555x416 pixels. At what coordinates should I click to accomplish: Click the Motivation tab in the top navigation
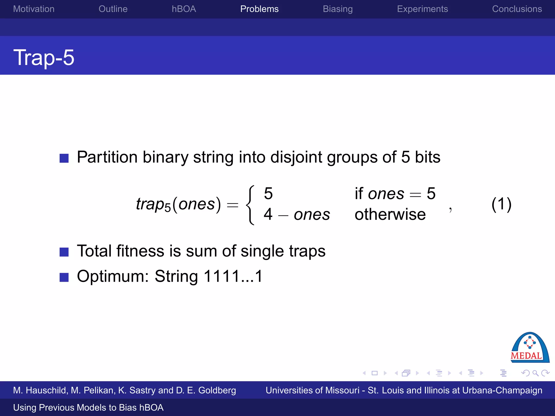pyautogui.click(x=34, y=9)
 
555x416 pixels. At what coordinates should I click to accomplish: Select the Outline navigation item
pyautogui.click(x=113, y=9)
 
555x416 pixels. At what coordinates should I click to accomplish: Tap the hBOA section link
pyautogui.click(x=184, y=9)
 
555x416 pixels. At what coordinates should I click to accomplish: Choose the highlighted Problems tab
pyautogui.click(x=259, y=9)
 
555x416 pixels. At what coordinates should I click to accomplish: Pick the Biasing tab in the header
pyautogui.click(x=338, y=9)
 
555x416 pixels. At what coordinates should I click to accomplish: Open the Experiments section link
pyautogui.click(x=422, y=9)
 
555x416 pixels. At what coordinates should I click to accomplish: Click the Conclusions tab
pyautogui.click(x=517, y=9)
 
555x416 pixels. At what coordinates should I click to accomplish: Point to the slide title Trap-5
pyautogui.click(x=44, y=57)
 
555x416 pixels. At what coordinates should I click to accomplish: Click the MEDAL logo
pyautogui.click(x=530, y=347)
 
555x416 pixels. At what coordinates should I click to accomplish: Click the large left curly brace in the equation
pyautogui.click(x=250, y=205)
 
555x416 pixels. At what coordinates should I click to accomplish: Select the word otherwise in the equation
pyautogui.click(x=390, y=214)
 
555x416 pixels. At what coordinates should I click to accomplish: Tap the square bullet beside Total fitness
pyautogui.click(x=64, y=252)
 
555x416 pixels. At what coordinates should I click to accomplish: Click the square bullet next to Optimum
pyautogui.click(x=64, y=277)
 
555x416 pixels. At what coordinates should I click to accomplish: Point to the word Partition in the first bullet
pyautogui.click(x=107, y=157)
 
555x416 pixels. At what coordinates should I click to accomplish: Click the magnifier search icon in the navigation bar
pyautogui.click(x=535, y=373)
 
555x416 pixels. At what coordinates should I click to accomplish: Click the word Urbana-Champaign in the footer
pyautogui.click(x=502, y=390)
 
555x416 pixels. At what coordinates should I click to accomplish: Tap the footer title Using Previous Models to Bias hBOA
pyautogui.click(x=88, y=407)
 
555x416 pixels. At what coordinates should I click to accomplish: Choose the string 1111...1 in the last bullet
pyautogui.click(x=233, y=276)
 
